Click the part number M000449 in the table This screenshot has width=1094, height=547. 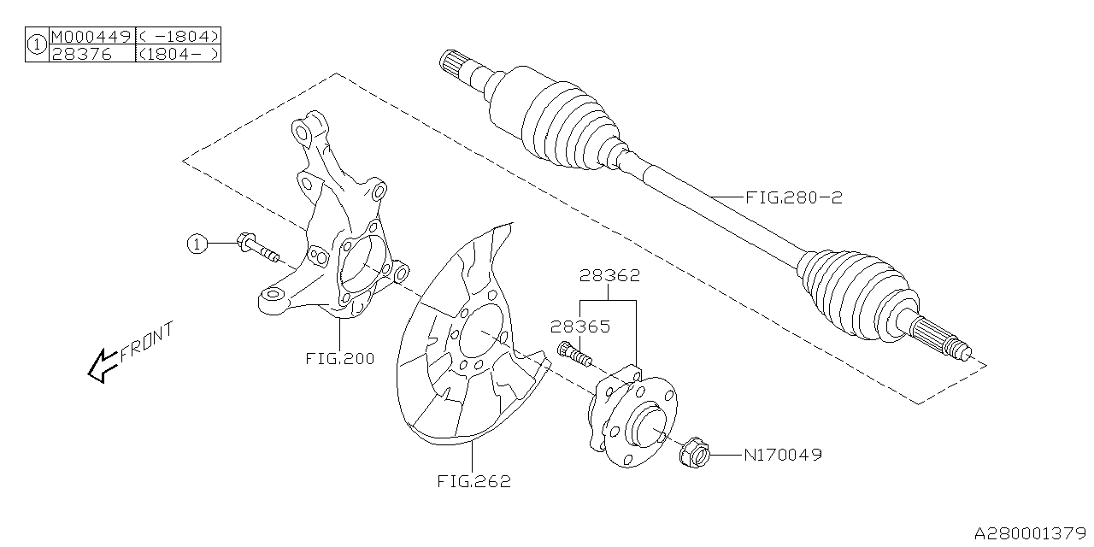[91, 36]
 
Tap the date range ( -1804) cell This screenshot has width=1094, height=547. [179, 36]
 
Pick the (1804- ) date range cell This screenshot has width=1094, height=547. [179, 53]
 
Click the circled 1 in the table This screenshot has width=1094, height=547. [37, 44]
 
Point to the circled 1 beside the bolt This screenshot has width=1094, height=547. [197, 244]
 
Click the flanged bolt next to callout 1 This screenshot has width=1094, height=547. [258, 249]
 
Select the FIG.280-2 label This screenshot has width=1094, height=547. [794, 197]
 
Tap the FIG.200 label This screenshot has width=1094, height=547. [339, 359]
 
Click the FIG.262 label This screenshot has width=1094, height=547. [475, 481]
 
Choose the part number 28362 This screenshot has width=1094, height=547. [609, 277]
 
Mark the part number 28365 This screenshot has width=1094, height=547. [579, 326]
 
